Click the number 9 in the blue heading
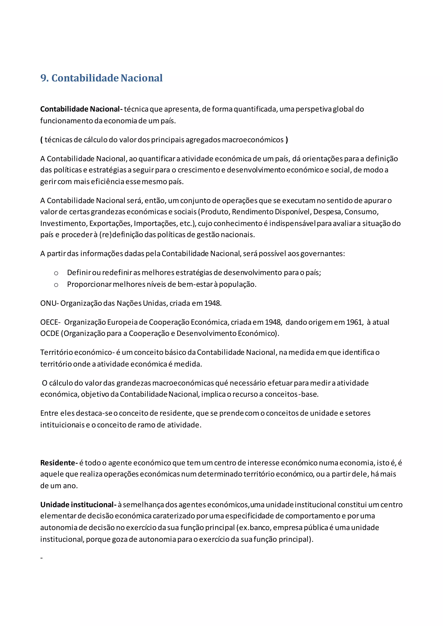(x=44, y=78)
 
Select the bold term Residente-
(x=59, y=463)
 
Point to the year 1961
(x=354, y=322)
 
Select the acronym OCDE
(x=50, y=334)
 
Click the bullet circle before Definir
(x=56, y=273)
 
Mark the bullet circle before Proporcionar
(x=56, y=285)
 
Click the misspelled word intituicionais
(x=63, y=425)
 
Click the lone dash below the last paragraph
(x=42, y=558)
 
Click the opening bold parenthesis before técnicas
(x=42, y=140)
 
